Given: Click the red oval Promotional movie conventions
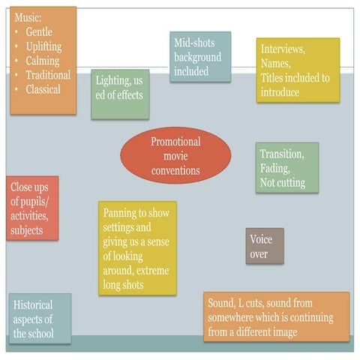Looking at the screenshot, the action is [175, 155].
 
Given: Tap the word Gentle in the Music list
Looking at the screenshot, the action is [39, 32].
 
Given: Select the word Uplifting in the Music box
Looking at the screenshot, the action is [44, 46].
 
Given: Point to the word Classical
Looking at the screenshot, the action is [43, 89].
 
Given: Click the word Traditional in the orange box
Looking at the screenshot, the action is [48, 75].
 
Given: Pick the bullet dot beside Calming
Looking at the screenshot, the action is [16, 61].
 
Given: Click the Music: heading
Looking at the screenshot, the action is [28, 17].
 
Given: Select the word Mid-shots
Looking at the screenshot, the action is [194, 43].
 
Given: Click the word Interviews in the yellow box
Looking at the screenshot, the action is [283, 49].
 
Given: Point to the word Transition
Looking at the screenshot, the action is [282, 154].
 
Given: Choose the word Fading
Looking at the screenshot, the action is [275, 169].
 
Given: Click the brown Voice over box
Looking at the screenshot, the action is [265, 246].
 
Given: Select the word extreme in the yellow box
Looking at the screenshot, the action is [152, 271].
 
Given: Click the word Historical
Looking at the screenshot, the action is [33, 304].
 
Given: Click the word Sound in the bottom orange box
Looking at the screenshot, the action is [221, 303].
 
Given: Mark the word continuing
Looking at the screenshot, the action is [311, 318].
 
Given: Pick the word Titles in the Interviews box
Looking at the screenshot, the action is [272, 78].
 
